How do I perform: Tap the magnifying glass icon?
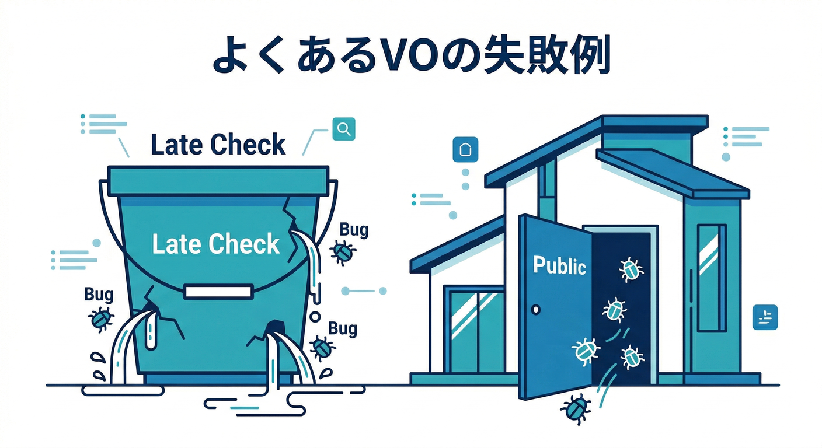[344, 129]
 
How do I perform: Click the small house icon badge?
[465, 149]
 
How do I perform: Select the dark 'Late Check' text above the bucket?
[218, 145]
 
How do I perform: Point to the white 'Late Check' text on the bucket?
[216, 244]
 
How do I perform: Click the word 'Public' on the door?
[559, 265]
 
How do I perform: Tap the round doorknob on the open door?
[536, 310]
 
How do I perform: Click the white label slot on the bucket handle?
[218, 292]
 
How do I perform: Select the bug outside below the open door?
[576, 409]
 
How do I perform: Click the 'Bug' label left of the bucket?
[99, 295]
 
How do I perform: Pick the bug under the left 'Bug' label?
[100, 318]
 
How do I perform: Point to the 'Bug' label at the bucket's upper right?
[354, 230]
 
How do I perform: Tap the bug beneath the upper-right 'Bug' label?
[342, 252]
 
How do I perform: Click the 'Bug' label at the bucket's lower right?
[342, 328]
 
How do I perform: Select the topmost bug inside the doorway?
[631, 269]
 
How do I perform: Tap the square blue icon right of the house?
[765, 317]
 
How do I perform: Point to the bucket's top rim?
[218, 180]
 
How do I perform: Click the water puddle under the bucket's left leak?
[123, 390]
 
